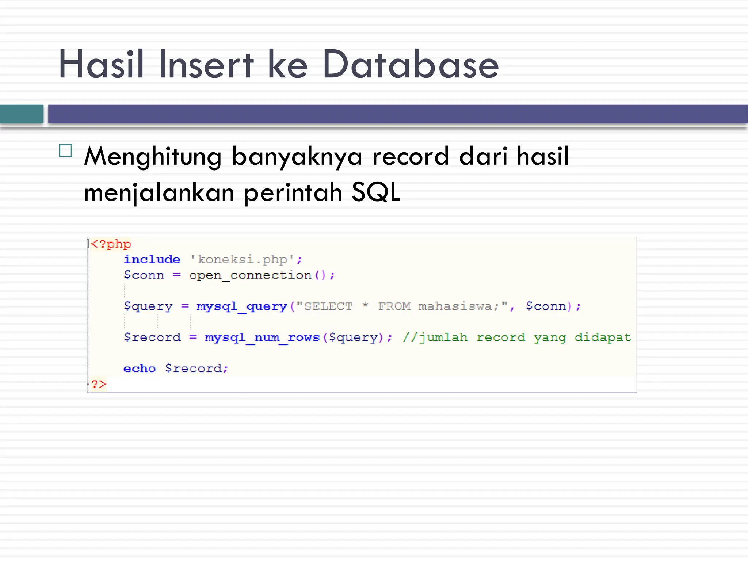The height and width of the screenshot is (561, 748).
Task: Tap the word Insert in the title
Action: [206, 65]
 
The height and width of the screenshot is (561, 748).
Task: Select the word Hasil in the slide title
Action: [101, 65]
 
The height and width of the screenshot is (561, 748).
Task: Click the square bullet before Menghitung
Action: [65, 150]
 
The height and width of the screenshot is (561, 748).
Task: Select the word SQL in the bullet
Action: [376, 192]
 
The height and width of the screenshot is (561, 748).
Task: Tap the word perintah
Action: [293, 192]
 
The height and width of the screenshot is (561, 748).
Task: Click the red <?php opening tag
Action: [111, 244]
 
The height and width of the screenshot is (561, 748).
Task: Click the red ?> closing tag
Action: [99, 384]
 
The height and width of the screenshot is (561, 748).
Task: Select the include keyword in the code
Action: [152, 259]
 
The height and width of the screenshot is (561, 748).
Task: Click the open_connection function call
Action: [250, 275]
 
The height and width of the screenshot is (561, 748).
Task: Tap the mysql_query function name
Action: [242, 306]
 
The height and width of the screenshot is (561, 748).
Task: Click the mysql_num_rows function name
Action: [262, 337]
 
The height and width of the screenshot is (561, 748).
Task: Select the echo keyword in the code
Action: [140, 368]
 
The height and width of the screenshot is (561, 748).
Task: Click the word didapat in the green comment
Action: [603, 337]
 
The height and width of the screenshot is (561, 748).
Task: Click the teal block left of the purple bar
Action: [22, 114]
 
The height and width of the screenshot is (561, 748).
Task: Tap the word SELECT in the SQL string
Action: [328, 306]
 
